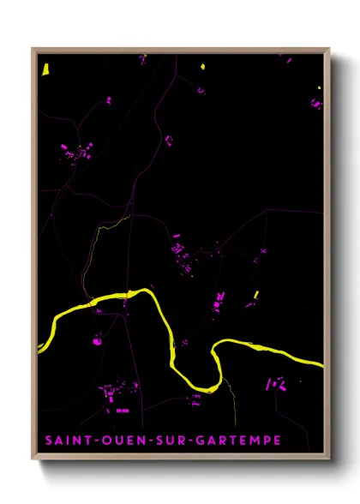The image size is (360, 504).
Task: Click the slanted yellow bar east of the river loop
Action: coord(255,295)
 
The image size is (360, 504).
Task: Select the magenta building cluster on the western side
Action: coord(77,153)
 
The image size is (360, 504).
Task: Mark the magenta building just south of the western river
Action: coord(95,341)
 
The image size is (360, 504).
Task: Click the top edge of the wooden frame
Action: coord(180,50)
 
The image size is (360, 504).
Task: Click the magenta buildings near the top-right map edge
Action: coord(315,103)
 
